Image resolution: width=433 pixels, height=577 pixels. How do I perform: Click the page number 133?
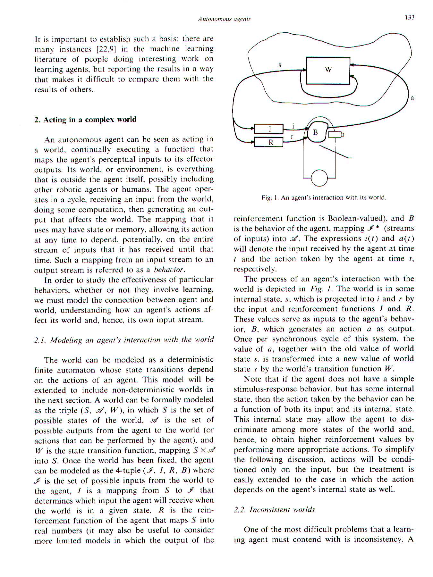[x=409, y=17]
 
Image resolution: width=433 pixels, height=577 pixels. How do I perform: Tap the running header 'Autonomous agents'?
[x=224, y=19]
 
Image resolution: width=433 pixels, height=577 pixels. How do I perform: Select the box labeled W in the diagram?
[x=328, y=71]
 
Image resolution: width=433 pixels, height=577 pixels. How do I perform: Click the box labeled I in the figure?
[x=269, y=129]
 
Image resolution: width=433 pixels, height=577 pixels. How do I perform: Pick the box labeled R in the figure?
[x=269, y=142]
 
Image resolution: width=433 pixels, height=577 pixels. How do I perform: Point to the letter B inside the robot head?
[x=315, y=132]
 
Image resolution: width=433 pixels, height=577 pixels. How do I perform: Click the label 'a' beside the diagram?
[x=412, y=98]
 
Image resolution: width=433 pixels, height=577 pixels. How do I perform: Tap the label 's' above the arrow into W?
[x=280, y=65]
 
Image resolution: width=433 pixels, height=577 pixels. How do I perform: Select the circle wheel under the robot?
[x=319, y=178]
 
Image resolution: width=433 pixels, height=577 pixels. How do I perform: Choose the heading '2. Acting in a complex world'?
[x=85, y=120]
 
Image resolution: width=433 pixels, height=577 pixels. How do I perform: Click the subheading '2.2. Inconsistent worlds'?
[x=274, y=510]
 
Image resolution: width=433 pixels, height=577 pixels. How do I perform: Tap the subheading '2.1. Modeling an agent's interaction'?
[x=124, y=340]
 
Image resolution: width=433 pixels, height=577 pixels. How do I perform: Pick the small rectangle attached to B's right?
[x=335, y=135]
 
